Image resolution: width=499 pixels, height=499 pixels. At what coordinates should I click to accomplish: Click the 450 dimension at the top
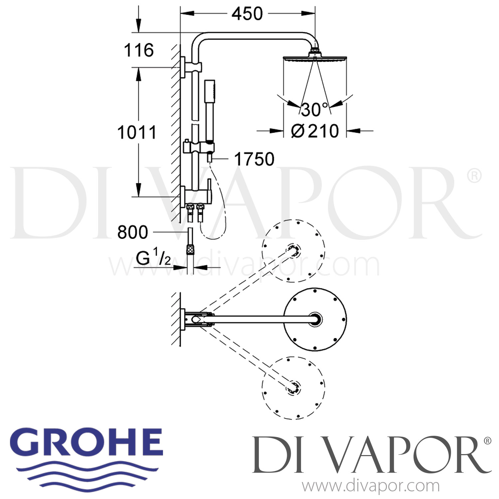pyautogui.click(x=247, y=14)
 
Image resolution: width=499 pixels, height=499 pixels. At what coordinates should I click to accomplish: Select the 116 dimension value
pyautogui.click(x=139, y=50)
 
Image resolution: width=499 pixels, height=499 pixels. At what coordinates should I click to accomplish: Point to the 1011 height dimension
pyautogui.click(x=137, y=132)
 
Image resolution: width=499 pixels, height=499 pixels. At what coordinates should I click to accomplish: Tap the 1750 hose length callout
pyautogui.click(x=254, y=159)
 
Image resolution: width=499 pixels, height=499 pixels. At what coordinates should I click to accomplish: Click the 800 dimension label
pyautogui.click(x=132, y=232)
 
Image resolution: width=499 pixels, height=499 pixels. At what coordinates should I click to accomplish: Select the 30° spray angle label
pyautogui.click(x=314, y=109)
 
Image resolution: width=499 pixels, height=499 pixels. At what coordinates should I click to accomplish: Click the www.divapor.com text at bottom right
pyautogui.click(x=371, y=487)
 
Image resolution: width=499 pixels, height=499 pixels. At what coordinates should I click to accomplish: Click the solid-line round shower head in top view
pyautogui.click(x=315, y=319)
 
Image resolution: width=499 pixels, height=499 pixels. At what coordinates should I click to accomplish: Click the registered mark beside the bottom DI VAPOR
pyautogui.click(x=487, y=441)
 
